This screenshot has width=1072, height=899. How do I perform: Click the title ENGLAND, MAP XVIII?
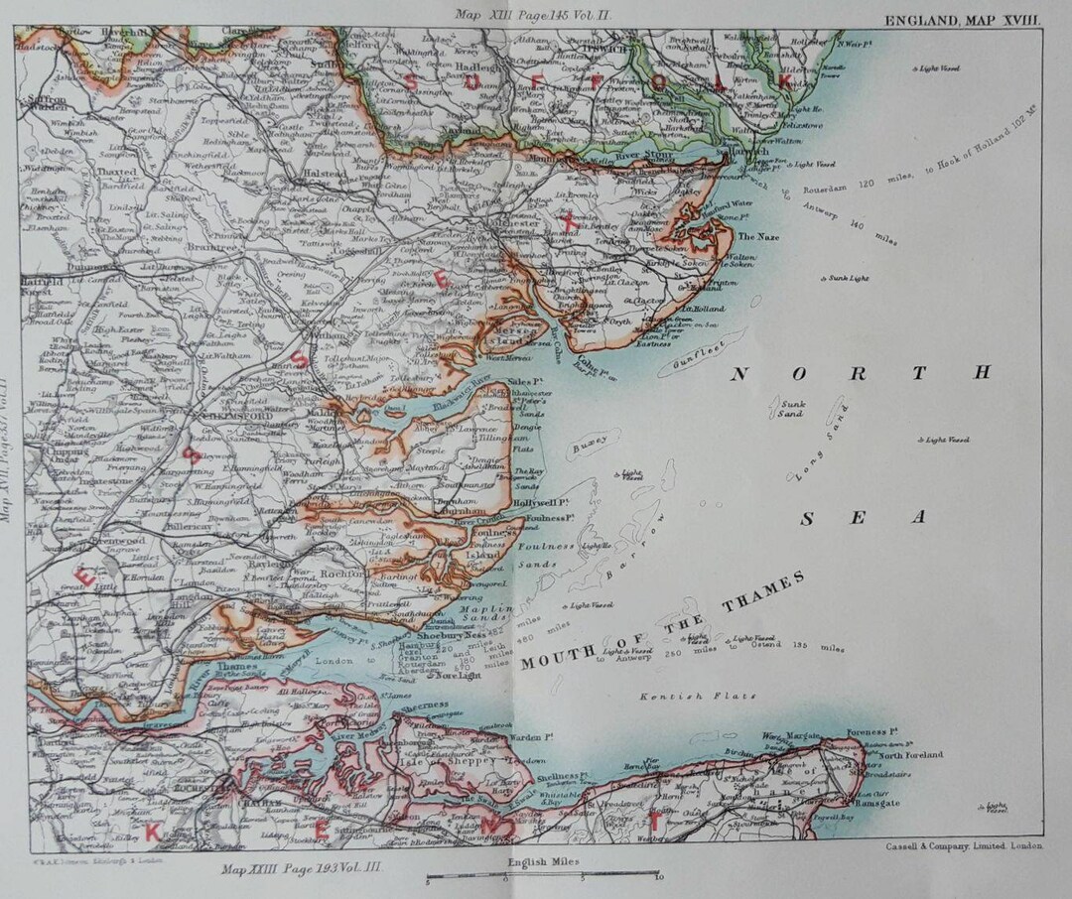960,18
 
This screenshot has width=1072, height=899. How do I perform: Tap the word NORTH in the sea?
861,373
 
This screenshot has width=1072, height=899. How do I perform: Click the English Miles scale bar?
542,877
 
